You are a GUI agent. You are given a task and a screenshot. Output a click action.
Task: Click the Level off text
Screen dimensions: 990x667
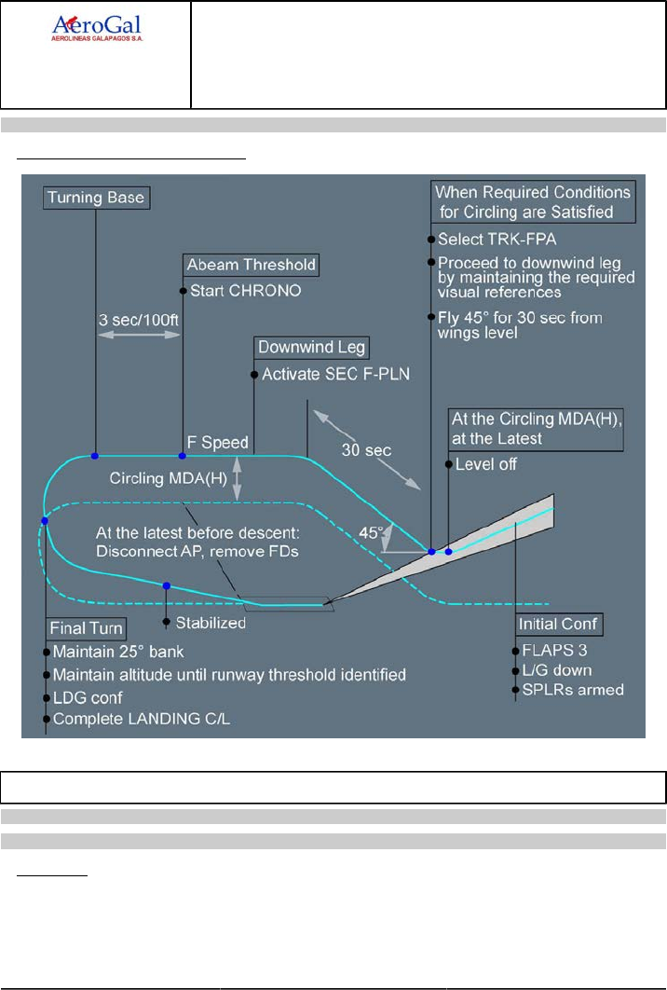[x=485, y=463]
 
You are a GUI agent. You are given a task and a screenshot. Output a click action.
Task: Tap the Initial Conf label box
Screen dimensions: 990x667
[x=560, y=624]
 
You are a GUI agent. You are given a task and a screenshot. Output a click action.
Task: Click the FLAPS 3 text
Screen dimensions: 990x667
[x=553, y=650]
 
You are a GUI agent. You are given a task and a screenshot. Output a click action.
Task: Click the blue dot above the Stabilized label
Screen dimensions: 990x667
[x=166, y=585]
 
